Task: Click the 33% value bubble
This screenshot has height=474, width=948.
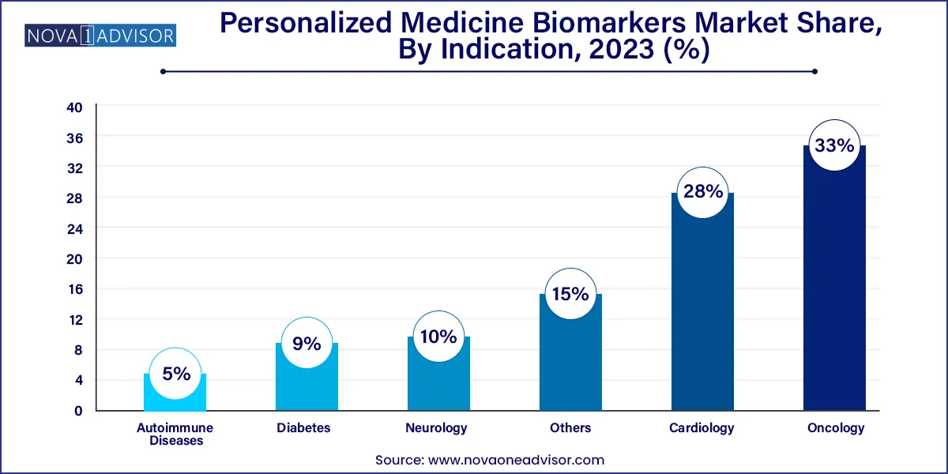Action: (x=834, y=146)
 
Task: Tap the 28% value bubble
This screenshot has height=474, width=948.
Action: (x=702, y=192)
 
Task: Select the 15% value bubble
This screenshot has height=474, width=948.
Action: (x=570, y=294)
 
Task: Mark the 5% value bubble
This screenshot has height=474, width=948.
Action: (x=175, y=374)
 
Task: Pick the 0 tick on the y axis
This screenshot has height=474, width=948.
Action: (x=77, y=411)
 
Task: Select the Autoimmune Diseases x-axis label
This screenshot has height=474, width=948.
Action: (x=175, y=434)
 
